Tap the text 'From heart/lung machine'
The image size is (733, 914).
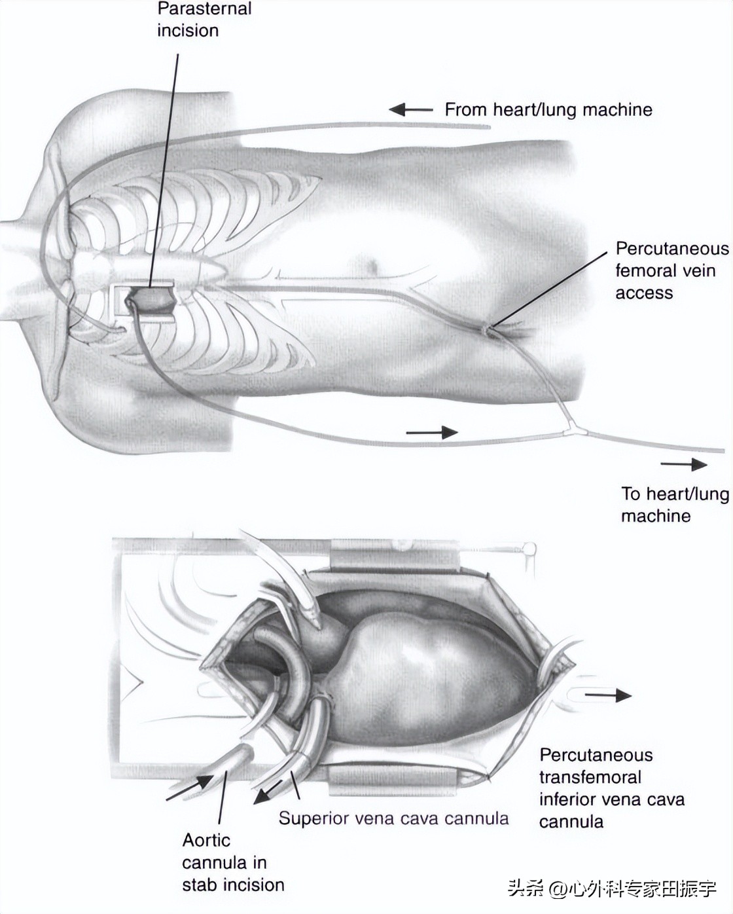pyautogui.click(x=548, y=109)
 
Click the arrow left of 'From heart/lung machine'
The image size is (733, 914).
pyautogui.click(x=410, y=110)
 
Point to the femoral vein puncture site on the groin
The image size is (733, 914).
pyautogui.click(x=488, y=329)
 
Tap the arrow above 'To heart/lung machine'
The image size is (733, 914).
pyautogui.click(x=683, y=465)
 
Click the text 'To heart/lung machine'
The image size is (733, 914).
pyautogui.click(x=674, y=504)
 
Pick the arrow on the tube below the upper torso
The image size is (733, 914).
pyautogui.click(x=431, y=432)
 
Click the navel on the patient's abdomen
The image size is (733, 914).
pyautogui.click(x=374, y=266)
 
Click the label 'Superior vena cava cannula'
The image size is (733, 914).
pyautogui.click(x=393, y=818)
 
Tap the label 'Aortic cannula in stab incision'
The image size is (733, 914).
pyautogui.click(x=232, y=862)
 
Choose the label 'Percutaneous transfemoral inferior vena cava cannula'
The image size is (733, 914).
pyautogui.click(x=611, y=788)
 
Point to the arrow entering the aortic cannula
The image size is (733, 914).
pyautogui.click(x=189, y=788)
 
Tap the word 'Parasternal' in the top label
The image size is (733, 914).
pyautogui.click(x=204, y=9)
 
